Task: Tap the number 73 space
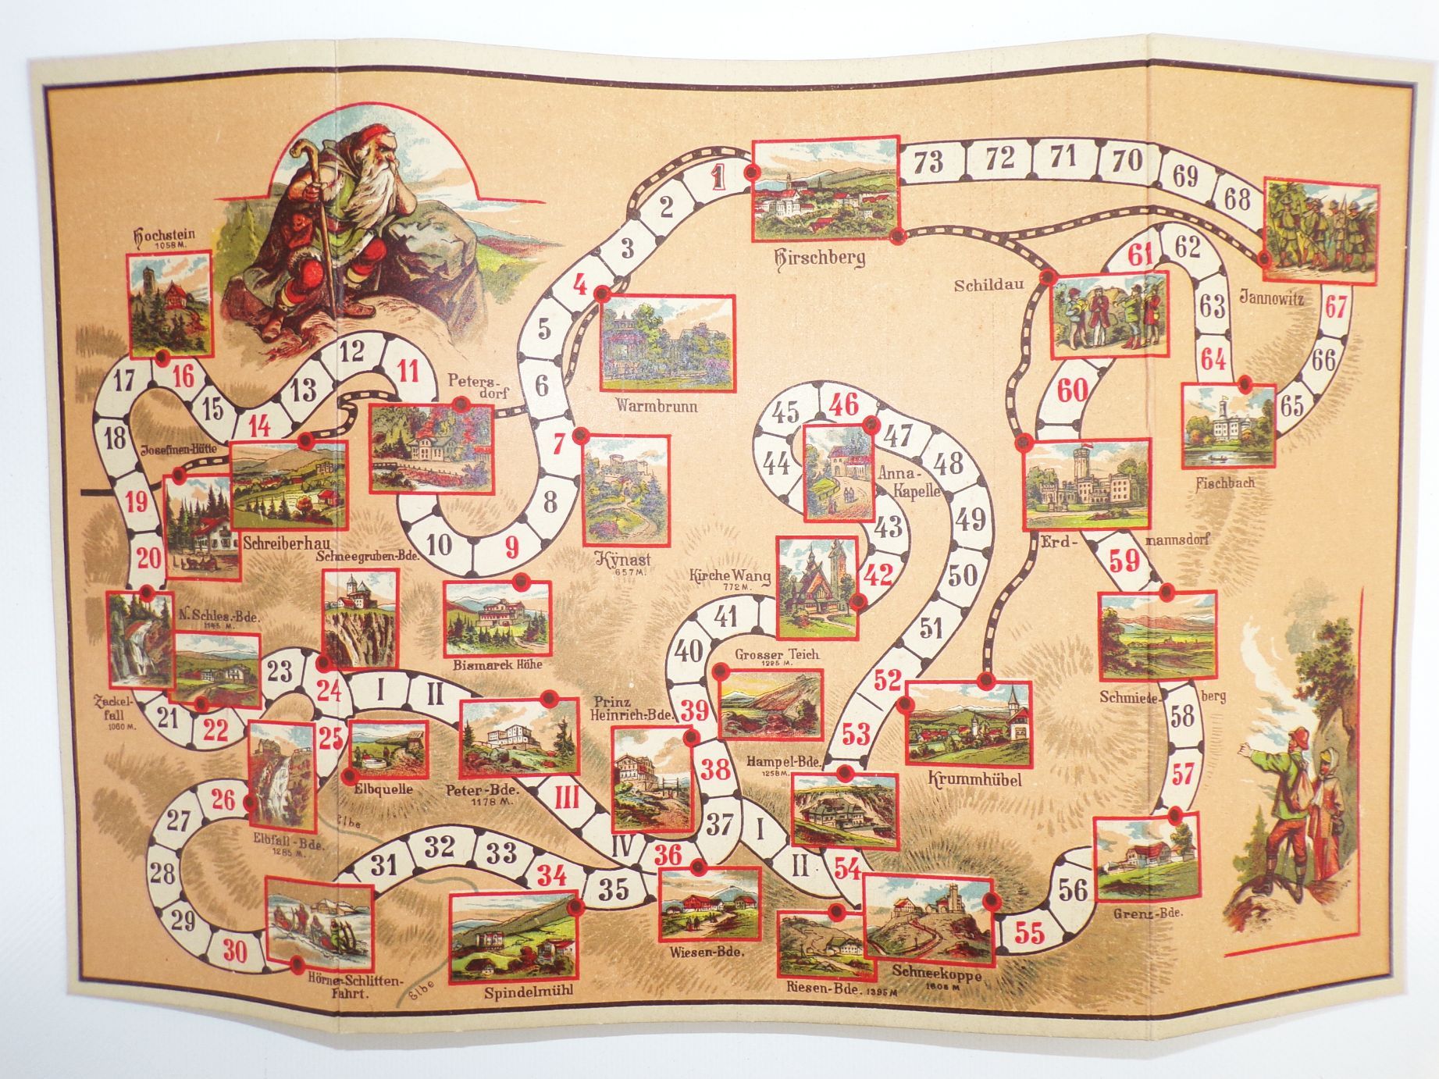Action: pyautogui.click(x=928, y=162)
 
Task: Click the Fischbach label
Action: pyautogui.click(x=1225, y=483)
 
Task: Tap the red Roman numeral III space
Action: pyautogui.click(x=566, y=799)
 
